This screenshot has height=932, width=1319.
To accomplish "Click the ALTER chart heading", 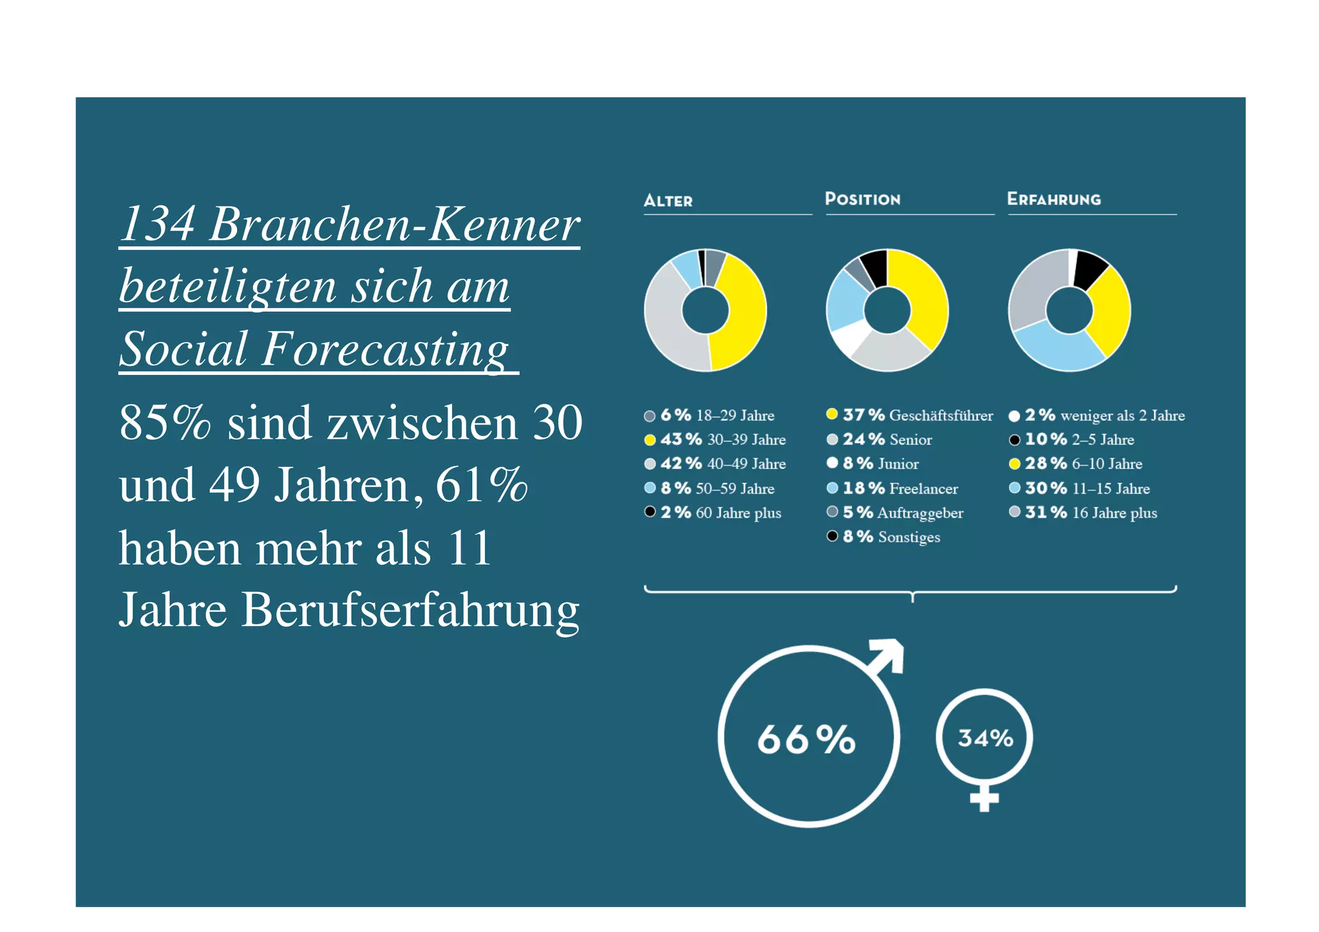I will click(668, 201).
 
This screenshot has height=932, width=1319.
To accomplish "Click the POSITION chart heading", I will click(862, 199).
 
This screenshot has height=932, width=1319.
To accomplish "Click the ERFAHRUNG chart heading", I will click(1054, 199).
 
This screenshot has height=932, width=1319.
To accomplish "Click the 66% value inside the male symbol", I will click(806, 739).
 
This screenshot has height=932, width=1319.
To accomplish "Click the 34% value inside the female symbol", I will click(985, 738).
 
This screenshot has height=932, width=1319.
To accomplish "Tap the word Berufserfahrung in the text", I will click(410, 610).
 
